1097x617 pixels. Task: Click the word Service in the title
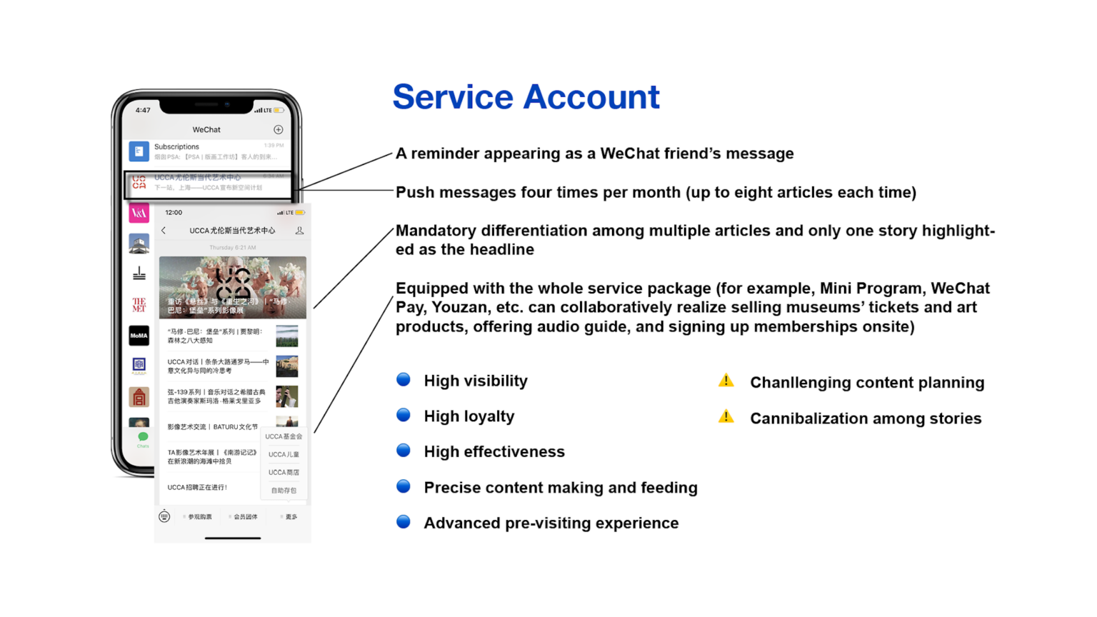click(x=453, y=97)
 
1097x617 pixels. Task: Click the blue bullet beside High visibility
click(x=404, y=380)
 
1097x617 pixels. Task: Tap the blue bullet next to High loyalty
click(x=404, y=415)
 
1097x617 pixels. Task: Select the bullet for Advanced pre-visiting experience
click(x=404, y=522)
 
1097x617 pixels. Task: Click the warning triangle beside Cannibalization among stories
click(x=726, y=416)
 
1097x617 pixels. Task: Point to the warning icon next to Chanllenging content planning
click(x=726, y=381)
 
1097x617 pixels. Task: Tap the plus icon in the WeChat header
click(x=279, y=129)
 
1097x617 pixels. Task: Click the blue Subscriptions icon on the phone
click(x=139, y=151)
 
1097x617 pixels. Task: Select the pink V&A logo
click(x=139, y=213)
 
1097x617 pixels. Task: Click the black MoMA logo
click(x=139, y=336)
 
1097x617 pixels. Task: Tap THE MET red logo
click(x=139, y=305)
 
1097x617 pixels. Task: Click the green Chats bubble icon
click(x=143, y=437)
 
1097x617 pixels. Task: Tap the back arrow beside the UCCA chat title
click(x=164, y=231)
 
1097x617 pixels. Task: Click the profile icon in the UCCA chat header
click(x=299, y=231)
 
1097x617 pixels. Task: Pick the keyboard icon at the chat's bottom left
click(x=164, y=516)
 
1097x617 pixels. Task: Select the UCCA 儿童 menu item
click(x=284, y=454)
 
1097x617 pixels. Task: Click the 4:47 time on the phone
click(x=143, y=110)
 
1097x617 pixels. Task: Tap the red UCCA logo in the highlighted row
click(x=139, y=183)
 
